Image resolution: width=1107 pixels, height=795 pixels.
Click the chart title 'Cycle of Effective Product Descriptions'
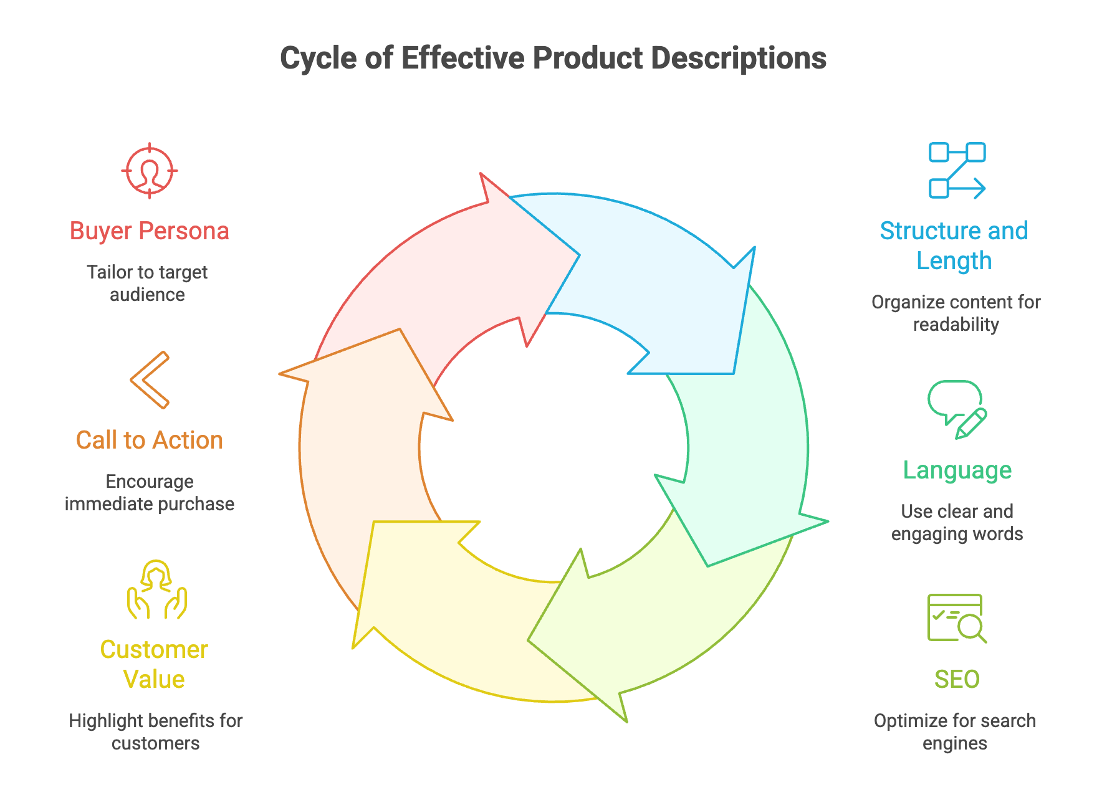[553, 59]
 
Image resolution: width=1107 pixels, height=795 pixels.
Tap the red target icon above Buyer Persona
[150, 170]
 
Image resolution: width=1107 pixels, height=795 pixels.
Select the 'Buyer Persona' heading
[150, 231]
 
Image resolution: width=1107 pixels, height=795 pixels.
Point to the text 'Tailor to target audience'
[148, 283]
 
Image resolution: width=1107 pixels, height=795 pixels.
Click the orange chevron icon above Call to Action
[150, 379]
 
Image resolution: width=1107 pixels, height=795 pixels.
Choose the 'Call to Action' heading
[150, 440]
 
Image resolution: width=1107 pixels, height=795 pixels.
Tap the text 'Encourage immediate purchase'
[150, 492]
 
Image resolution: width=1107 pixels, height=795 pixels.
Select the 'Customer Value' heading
[154, 664]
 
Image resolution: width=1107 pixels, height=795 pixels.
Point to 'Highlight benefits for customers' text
[156, 731]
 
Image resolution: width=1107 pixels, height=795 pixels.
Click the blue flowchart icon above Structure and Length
[957, 170]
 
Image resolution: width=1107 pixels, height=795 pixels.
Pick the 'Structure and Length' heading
[954, 245]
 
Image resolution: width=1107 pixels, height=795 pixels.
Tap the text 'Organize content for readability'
[956, 313]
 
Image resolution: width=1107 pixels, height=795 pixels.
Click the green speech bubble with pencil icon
[957, 409]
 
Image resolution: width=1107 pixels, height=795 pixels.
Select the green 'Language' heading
[957, 470]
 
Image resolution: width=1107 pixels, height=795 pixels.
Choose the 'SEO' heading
[957, 679]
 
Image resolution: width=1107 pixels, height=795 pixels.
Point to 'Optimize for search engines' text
[955, 731]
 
